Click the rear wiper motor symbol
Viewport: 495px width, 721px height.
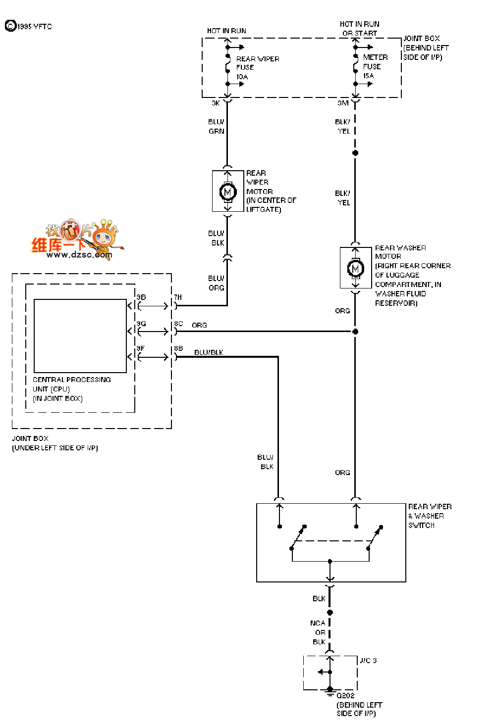(x=228, y=191)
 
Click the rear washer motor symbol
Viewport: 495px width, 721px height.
(x=355, y=268)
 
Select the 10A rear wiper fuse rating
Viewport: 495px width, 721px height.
(x=242, y=77)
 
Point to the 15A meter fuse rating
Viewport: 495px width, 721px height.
(x=368, y=76)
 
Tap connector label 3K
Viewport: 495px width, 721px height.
(x=216, y=103)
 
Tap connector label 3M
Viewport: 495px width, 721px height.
(x=343, y=103)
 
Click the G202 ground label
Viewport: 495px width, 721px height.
(x=345, y=695)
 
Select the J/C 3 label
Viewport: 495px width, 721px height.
(x=368, y=661)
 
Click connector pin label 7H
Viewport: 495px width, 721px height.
(x=178, y=297)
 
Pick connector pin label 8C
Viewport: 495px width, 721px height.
(x=178, y=324)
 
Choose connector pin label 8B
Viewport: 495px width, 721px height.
(x=178, y=348)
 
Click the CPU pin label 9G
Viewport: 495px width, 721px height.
(x=141, y=324)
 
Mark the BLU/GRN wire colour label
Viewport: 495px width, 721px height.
(x=216, y=127)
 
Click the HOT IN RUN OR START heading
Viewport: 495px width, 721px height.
(x=360, y=29)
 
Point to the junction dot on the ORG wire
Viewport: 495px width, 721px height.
(x=355, y=332)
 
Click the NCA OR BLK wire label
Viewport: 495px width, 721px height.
(x=318, y=632)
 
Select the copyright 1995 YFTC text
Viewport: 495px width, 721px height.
(x=29, y=26)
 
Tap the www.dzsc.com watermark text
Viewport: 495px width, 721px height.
(x=79, y=255)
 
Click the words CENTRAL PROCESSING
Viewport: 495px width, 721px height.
(x=72, y=380)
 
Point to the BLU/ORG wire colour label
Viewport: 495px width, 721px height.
(x=216, y=283)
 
